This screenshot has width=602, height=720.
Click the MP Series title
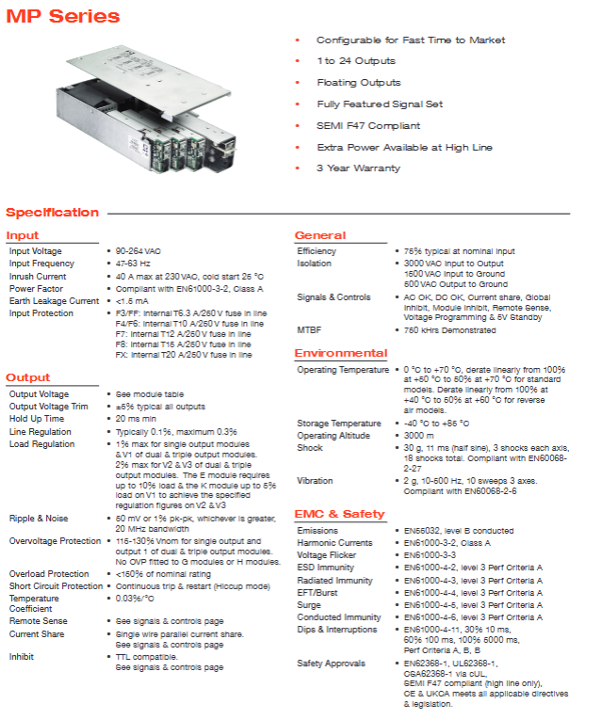pos(64,17)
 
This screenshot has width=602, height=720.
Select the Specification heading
pos(53,213)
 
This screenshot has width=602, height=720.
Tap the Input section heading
pos(23,235)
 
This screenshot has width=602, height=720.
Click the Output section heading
pos(28,377)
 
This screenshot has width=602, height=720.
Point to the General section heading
pos(320,235)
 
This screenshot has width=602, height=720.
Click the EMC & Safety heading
pos(340,514)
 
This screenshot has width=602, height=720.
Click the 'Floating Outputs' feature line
pos(358,83)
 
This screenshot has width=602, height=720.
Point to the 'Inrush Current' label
pos(38,277)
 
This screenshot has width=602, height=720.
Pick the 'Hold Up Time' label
pos(37,419)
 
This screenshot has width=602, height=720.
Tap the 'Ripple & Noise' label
pos(39,519)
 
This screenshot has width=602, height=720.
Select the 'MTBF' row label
pos(309,330)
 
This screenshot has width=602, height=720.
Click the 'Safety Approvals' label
pos(331,664)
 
